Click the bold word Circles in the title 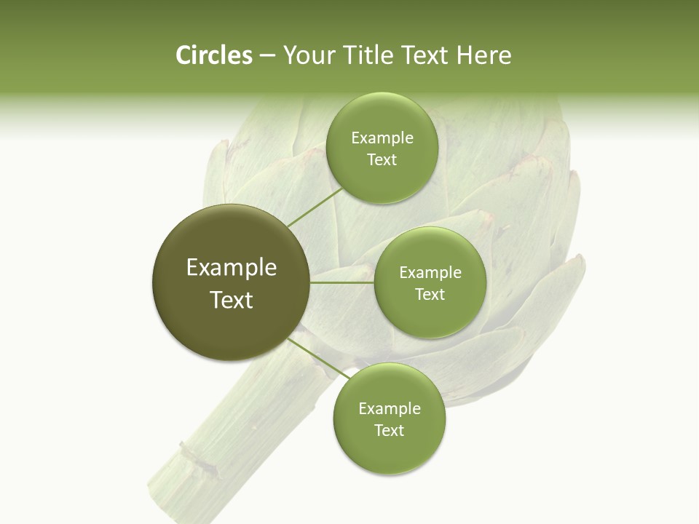pyautogui.click(x=213, y=55)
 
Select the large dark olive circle pyautogui.click(x=232, y=282)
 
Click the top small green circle pyautogui.click(x=382, y=148)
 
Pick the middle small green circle pyautogui.click(x=430, y=282)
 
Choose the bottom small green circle pyautogui.click(x=389, y=418)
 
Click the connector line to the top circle pyautogui.click(x=315, y=207)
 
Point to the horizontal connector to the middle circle pyautogui.click(x=342, y=282)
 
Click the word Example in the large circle pyautogui.click(x=232, y=267)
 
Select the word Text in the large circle pyautogui.click(x=232, y=300)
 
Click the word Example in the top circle pyautogui.click(x=382, y=138)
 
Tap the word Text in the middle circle pyautogui.click(x=430, y=294)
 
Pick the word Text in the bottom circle pyautogui.click(x=389, y=430)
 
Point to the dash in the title pyautogui.click(x=266, y=55)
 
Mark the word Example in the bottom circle pyautogui.click(x=389, y=408)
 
